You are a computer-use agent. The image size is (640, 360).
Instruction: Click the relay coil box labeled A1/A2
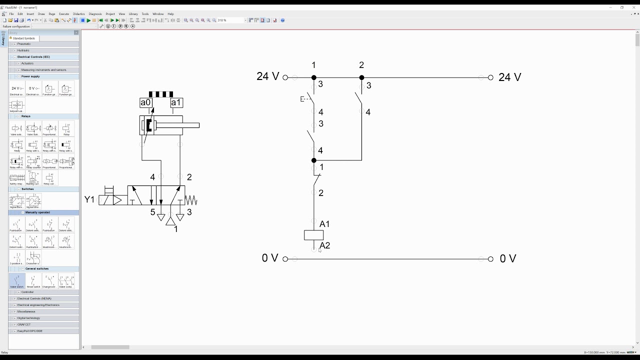pyautogui.click(x=314, y=235)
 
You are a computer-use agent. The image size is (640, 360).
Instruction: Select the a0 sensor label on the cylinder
pyautogui.click(x=145, y=102)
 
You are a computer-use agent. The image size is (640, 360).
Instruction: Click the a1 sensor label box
pyautogui.click(x=176, y=102)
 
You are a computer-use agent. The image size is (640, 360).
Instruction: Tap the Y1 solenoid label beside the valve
pyautogui.click(x=89, y=199)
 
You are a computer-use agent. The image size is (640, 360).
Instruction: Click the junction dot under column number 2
pyautogui.click(x=361, y=77)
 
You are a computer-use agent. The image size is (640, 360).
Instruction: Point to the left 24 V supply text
pyautogui.click(x=267, y=76)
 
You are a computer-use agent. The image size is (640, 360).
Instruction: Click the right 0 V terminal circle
pyautogui.click(x=490, y=259)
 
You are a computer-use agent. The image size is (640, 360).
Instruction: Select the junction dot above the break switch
pyautogui.click(x=314, y=160)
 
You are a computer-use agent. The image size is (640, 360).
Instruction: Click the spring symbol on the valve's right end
pyautogui.click(x=191, y=200)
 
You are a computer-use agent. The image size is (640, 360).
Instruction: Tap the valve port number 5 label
pyautogui.click(x=152, y=212)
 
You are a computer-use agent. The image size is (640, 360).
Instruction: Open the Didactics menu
pyautogui.click(x=79, y=14)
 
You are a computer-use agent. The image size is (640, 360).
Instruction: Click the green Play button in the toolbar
pyautogui.click(x=88, y=20)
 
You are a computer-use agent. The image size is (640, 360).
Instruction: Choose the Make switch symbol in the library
pyautogui.click(x=17, y=281)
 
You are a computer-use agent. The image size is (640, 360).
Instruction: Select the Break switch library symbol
pyautogui.click(x=33, y=281)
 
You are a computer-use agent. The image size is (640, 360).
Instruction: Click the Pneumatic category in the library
pyautogui.click(x=24, y=44)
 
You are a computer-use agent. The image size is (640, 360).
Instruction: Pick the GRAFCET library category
pyautogui.click(x=24, y=324)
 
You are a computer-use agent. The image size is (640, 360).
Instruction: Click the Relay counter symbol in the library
pyautogui.click(x=33, y=162)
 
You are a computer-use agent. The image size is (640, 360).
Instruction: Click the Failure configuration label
pyautogui.click(x=16, y=26)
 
